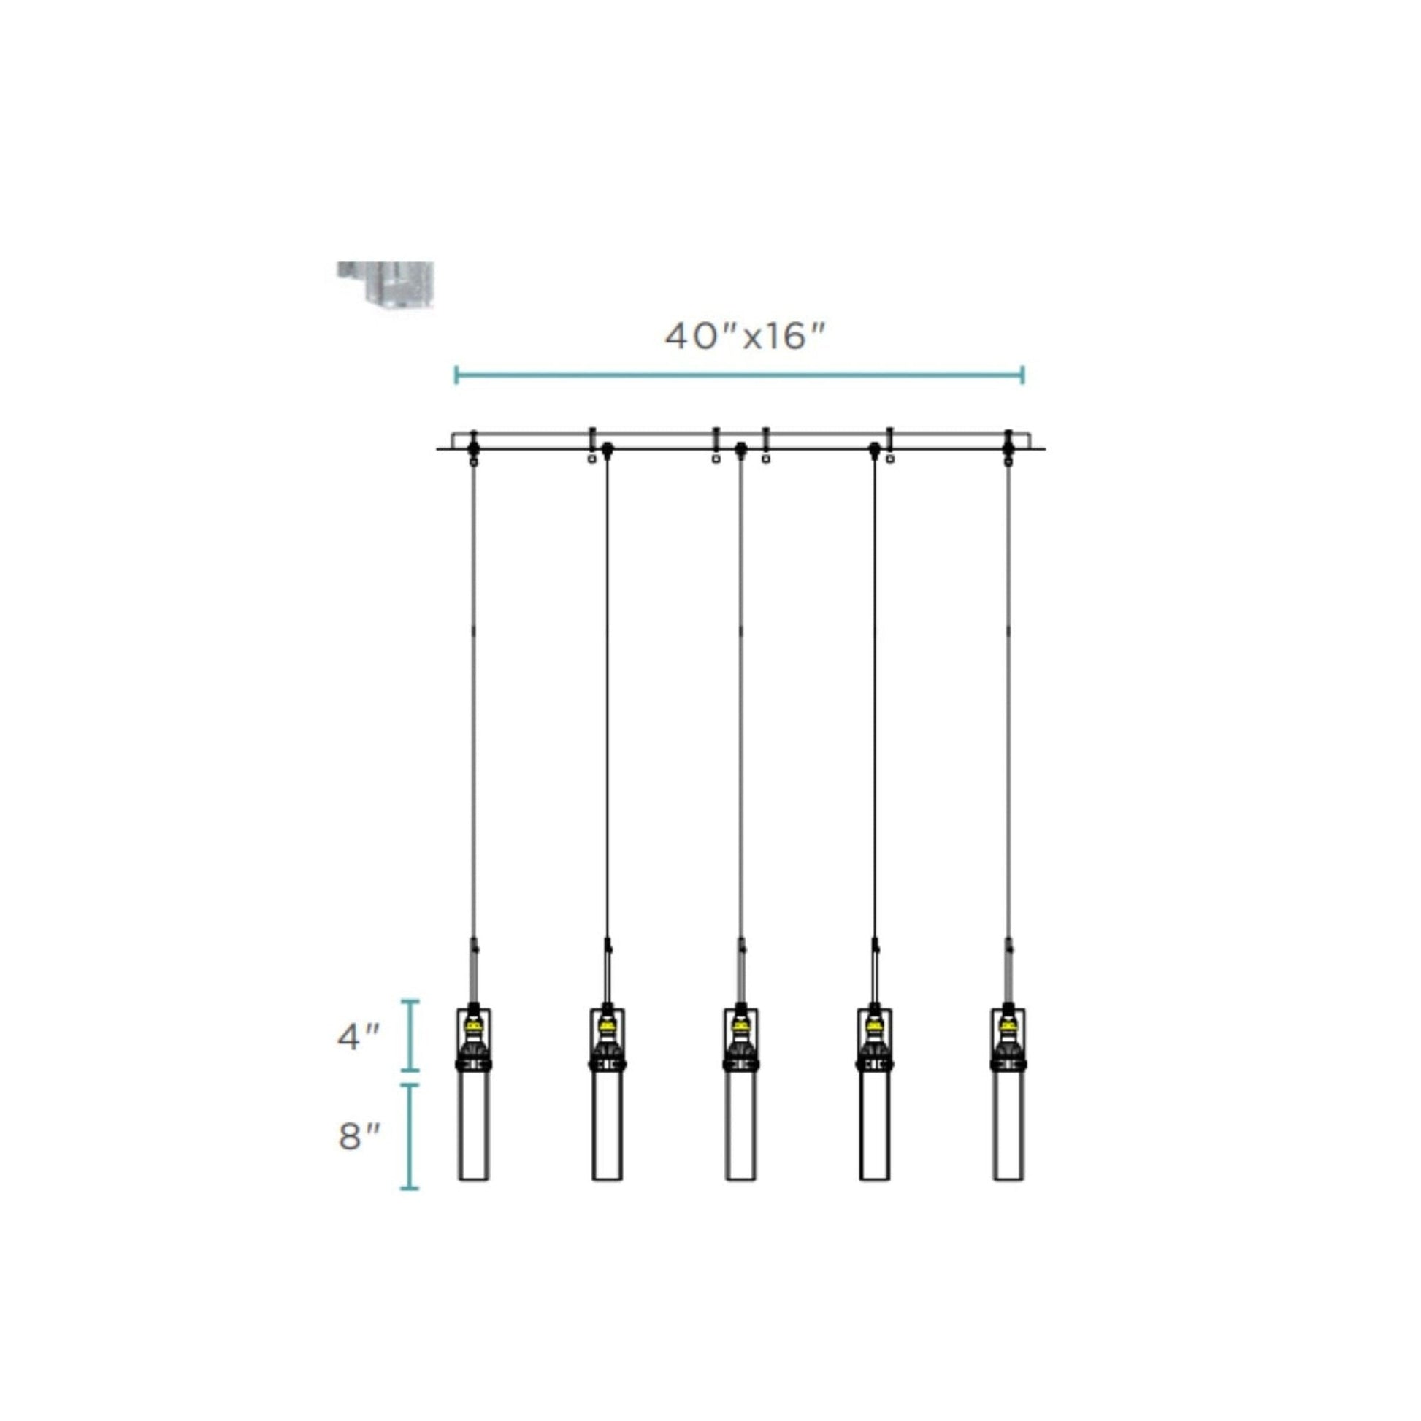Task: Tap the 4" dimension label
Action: coord(359,1037)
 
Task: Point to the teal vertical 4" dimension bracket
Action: coord(410,1035)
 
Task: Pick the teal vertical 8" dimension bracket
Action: coord(410,1136)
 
